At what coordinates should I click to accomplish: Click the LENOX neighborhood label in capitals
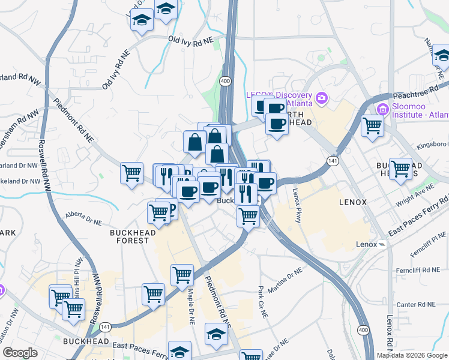(x=352, y=202)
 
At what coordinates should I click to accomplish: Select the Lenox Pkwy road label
(x=297, y=205)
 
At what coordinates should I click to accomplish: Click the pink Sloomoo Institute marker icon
(x=382, y=110)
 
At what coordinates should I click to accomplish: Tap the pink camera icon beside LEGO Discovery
(x=322, y=98)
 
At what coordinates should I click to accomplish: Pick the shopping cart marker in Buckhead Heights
(x=400, y=169)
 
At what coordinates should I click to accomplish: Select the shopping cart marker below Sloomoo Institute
(x=373, y=125)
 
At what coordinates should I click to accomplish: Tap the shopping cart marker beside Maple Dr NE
(x=182, y=275)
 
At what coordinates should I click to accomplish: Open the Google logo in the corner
(x=20, y=353)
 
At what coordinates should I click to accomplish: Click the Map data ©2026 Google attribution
(x=412, y=355)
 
